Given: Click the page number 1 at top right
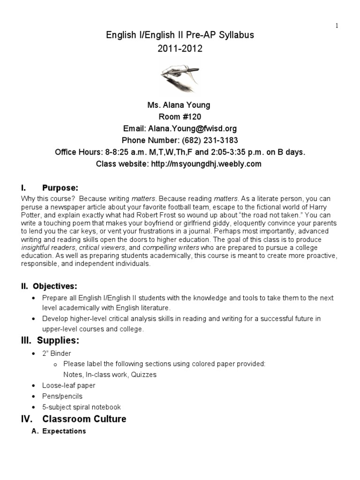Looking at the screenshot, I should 337,26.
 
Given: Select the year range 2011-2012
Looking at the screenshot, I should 180,49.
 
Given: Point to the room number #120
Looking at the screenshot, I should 192,117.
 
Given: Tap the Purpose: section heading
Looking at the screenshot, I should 60,188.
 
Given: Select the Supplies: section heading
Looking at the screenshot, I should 61,340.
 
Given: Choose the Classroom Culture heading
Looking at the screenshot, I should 84,419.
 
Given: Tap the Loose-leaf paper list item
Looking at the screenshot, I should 68,385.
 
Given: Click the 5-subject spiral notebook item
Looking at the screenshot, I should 81,407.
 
